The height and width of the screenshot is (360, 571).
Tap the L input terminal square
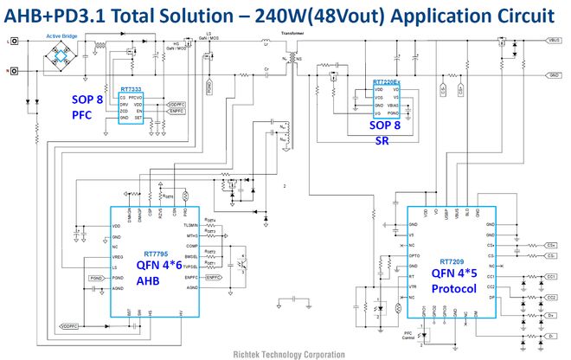[x=15, y=40]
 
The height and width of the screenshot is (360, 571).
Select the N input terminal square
[x=15, y=71]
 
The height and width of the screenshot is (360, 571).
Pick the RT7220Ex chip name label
[x=386, y=82]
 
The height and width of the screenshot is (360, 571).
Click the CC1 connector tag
[x=550, y=276]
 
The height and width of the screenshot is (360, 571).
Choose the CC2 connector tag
[x=550, y=297]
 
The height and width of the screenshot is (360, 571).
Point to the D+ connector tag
[x=550, y=317]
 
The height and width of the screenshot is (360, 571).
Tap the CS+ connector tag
[x=550, y=245]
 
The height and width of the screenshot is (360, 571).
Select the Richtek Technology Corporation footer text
[x=285, y=354]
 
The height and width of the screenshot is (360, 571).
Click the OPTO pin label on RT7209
[x=415, y=257]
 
